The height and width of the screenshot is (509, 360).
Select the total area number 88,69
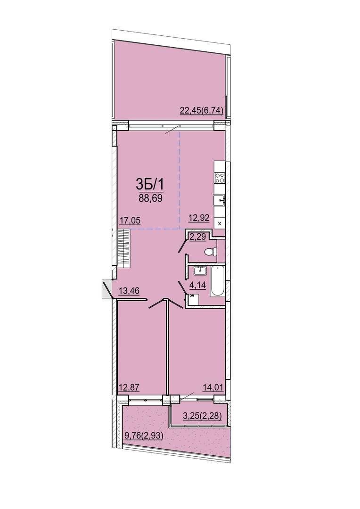(x=150, y=198)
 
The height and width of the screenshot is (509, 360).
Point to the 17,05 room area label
(x=129, y=221)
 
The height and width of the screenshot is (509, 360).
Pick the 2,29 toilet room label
(x=197, y=237)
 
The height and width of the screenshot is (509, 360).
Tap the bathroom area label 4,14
(x=197, y=286)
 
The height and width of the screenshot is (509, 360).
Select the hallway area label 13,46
(x=129, y=290)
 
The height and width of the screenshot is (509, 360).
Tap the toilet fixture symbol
(x=211, y=252)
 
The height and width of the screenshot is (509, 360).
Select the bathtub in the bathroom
(x=218, y=281)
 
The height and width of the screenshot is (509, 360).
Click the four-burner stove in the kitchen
(x=220, y=178)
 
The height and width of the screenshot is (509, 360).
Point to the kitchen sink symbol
(x=220, y=200)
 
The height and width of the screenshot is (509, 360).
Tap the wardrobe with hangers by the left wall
(x=123, y=248)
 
